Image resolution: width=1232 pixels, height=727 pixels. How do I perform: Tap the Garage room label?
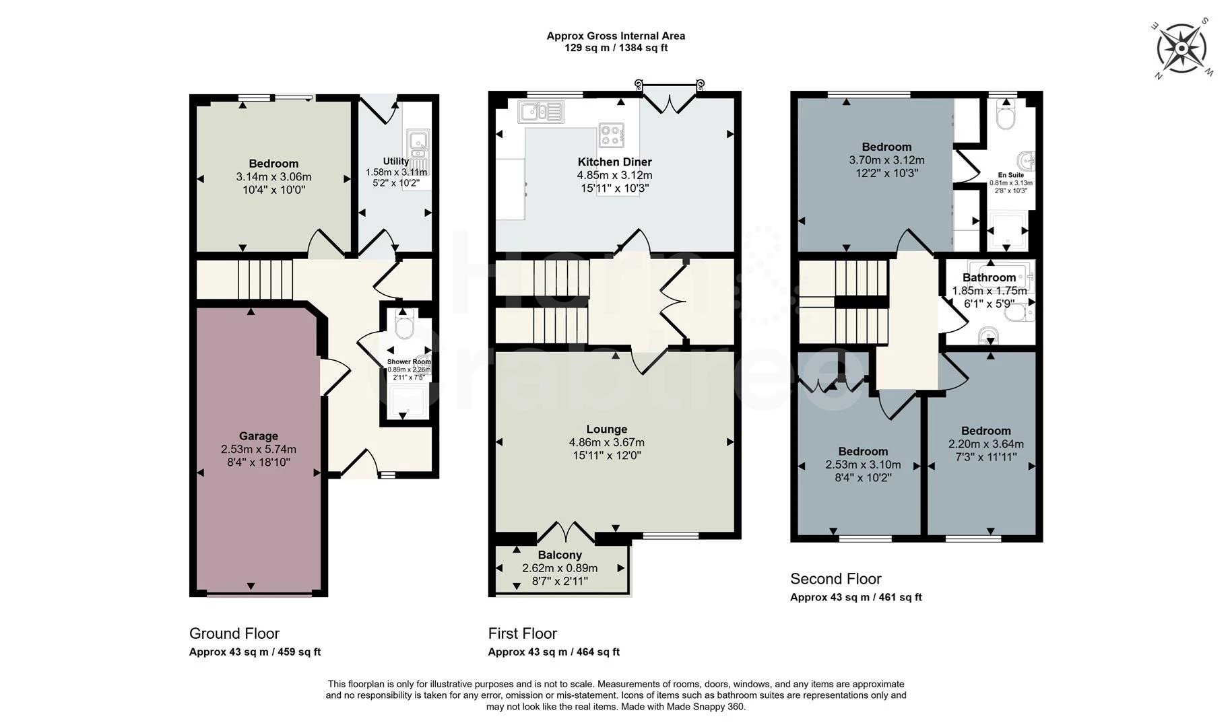pos(258,436)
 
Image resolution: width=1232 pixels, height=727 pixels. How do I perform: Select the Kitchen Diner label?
pos(614,162)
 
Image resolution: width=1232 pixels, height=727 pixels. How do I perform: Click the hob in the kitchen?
pos(611,135)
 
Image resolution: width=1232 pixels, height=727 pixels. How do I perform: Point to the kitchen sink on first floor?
pos(540,112)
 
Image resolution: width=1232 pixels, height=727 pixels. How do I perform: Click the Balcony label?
pos(560,555)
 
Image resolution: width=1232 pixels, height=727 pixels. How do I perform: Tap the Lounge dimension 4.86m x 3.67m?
pos(606,443)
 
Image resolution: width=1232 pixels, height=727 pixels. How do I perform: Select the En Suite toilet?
pos(1006,117)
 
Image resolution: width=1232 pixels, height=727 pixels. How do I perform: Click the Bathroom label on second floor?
pos(989,278)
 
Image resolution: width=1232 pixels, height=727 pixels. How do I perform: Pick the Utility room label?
pos(395,162)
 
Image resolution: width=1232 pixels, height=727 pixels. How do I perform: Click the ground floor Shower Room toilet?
pos(404,327)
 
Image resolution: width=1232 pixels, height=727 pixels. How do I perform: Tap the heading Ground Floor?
pos(234,633)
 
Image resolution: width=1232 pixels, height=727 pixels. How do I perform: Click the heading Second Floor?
pos(835,579)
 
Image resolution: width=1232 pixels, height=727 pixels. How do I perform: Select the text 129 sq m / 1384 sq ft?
pos(616,48)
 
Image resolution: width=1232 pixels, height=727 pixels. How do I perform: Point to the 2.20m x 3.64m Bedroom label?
pos(985,431)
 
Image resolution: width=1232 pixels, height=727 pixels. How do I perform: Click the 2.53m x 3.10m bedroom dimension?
pos(863,465)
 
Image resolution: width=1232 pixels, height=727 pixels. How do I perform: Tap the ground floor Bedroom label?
pos(273,164)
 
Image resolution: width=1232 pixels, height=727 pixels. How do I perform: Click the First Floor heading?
pos(522,633)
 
